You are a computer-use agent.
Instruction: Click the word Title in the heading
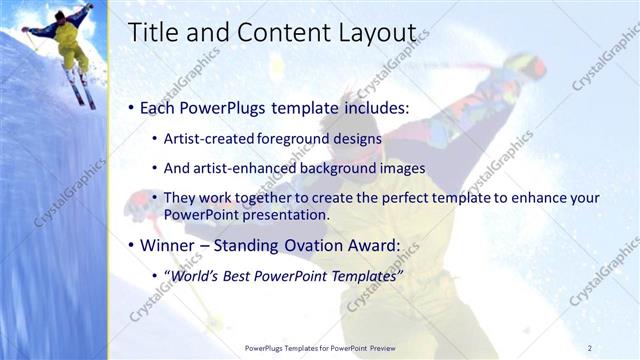153,32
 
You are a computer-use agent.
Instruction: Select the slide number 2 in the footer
590,348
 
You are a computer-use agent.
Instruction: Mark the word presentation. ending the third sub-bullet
273,214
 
